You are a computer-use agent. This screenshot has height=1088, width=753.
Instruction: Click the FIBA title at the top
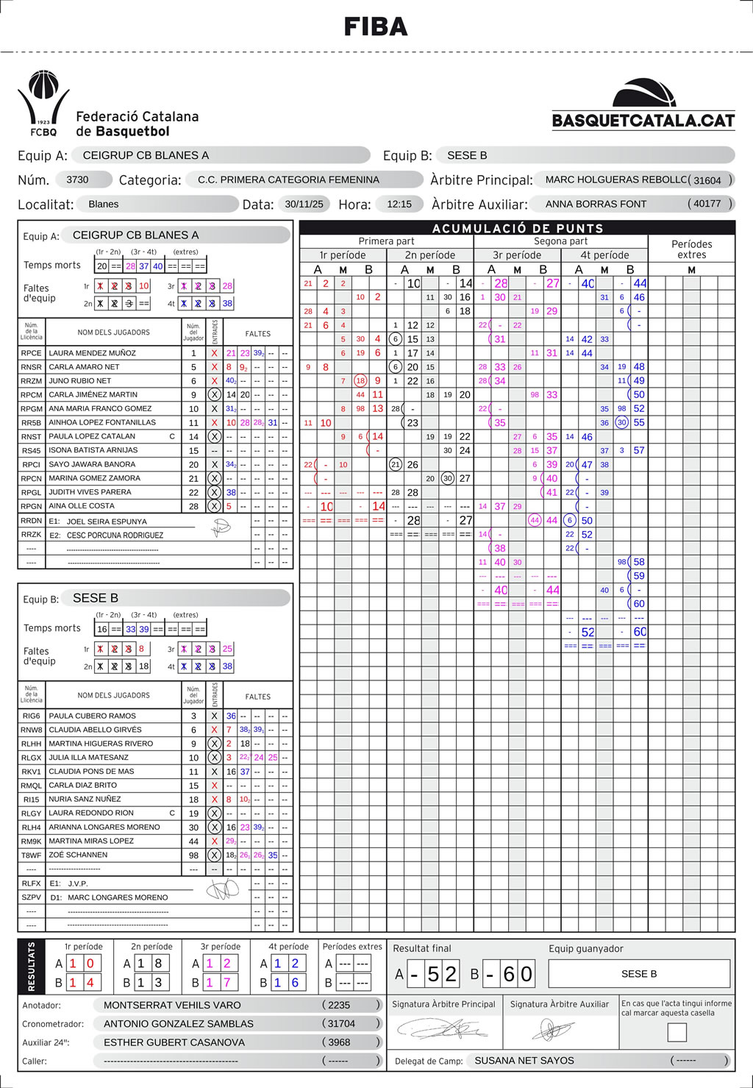pyautogui.click(x=376, y=27)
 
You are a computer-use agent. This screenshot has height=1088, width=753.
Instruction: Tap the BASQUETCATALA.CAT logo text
pyautogui.click(x=643, y=121)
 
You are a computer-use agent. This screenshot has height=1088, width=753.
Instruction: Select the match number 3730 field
pyautogui.click(x=77, y=179)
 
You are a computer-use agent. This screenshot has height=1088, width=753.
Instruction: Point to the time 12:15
pyautogui.click(x=399, y=205)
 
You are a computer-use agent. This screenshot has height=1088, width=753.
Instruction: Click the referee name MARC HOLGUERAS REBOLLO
pyautogui.click(x=616, y=179)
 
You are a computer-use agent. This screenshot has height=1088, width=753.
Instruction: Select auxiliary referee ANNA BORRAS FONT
pyautogui.click(x=596, y=204)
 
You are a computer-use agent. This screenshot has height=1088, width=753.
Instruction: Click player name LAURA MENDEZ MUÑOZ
pyautogui.click(x=92, y=353)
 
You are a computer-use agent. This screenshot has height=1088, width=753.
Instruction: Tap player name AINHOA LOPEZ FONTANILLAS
pyautogui.click(x=102, y=422)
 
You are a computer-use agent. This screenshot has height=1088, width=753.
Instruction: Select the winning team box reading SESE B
pyautogui.click(x=639, y=974)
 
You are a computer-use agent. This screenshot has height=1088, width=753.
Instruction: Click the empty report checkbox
pyautogui.click(x=677, y=1032)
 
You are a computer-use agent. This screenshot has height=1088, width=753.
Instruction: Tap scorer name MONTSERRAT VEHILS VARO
pyautogui.click(x=172, y=1005)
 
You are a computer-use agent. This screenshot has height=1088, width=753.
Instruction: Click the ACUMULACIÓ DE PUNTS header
pyautogui.click(x=518, y=228)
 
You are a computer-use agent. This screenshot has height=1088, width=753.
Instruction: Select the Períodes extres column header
pyautogui.click(x=691, y=249)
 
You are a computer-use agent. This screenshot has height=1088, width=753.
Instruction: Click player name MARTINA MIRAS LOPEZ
pyautogui.click(x=91, y=841)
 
